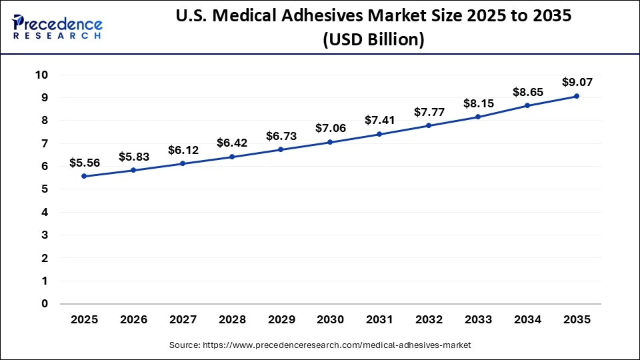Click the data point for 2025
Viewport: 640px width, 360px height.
(x=84, y=176)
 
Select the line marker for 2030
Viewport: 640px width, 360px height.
(x=330, y=142)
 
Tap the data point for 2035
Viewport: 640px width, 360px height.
(x=577, y=96)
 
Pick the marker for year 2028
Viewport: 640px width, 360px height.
(x=232, y=157)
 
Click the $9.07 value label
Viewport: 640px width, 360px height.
(x=577, y=83)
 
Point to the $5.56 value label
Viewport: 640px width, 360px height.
(x=84, y=163)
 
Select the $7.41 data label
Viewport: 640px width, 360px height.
(x=379, y=121)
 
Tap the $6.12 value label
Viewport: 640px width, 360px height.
(x=183, y=150)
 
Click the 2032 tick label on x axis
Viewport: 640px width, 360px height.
(x=429, y=320)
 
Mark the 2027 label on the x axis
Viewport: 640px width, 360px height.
(x=183, y=320)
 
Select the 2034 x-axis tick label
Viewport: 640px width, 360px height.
(x=527, y=320)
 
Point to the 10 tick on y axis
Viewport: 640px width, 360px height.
(x=41, y=75)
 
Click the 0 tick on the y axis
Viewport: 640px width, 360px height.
(x=45, y=304)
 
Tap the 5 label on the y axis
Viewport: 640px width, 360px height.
(x=45, y=189)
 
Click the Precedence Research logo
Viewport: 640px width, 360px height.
(x=57, y=25)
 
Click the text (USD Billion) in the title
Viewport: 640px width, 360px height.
(x=373, y=40)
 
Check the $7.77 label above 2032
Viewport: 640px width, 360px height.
(x=429, y=112)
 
